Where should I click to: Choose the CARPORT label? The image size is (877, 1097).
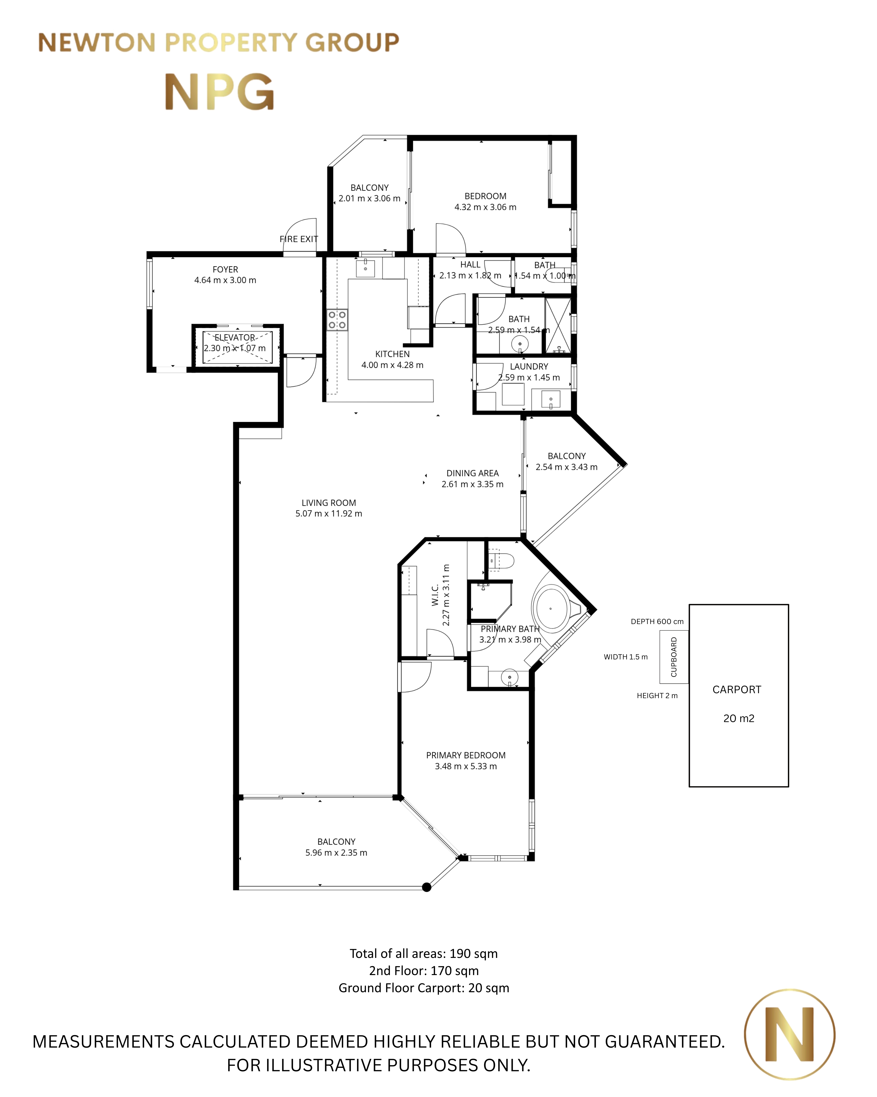tap(737, 690)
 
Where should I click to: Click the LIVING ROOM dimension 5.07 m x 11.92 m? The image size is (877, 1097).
tap(329, 513)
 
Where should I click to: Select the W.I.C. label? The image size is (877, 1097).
tap(435, 595)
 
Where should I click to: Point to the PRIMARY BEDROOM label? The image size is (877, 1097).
tap(466, 755)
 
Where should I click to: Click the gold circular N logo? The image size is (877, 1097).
tap(789, 1035)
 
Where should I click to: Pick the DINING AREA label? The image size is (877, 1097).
tap(472, 473)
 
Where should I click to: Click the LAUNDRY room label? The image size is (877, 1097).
tap(529, 366)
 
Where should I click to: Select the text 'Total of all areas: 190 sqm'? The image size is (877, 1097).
tap(424, 953)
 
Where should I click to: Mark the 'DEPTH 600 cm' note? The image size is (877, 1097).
tap(657, 621)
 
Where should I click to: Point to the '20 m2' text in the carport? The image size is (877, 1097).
tap(739, 718)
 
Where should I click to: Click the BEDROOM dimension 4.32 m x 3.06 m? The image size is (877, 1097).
tap(485, 207)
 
